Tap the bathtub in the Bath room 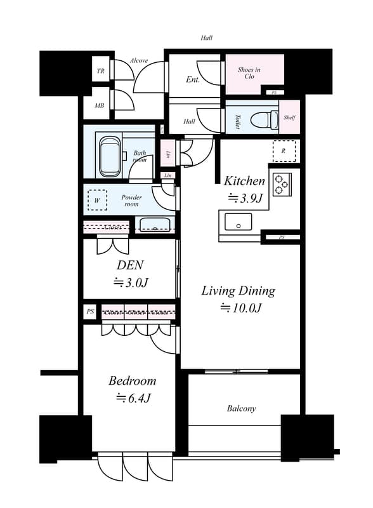coord(110,158)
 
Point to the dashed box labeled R coord(284,150)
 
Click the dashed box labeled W coord(97,201)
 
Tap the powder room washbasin coord(155,224)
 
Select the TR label coord(100,71)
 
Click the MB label coord(100,105)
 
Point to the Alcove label coord(139,61)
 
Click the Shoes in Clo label coord(249,73)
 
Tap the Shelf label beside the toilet coord(289,117)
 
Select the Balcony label coord(241,408)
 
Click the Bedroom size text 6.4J coord(133,398)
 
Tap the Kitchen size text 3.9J coord(245,197)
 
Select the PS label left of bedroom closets coord(90,312)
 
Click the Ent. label coord(193,80)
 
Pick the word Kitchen coord(244,181)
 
